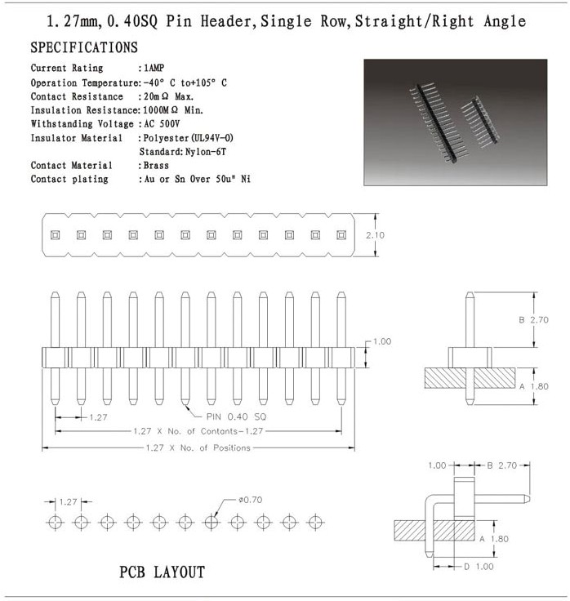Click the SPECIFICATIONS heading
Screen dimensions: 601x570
(84, 48)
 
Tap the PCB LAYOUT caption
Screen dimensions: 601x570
(162, 572)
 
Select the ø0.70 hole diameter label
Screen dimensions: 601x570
(248, 499)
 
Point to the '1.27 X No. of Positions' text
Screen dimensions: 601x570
(197, 447)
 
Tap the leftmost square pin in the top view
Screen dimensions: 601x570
(55, 235)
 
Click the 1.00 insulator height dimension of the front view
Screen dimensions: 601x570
(382, 341)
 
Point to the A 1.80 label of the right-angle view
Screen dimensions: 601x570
(498, 539)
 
